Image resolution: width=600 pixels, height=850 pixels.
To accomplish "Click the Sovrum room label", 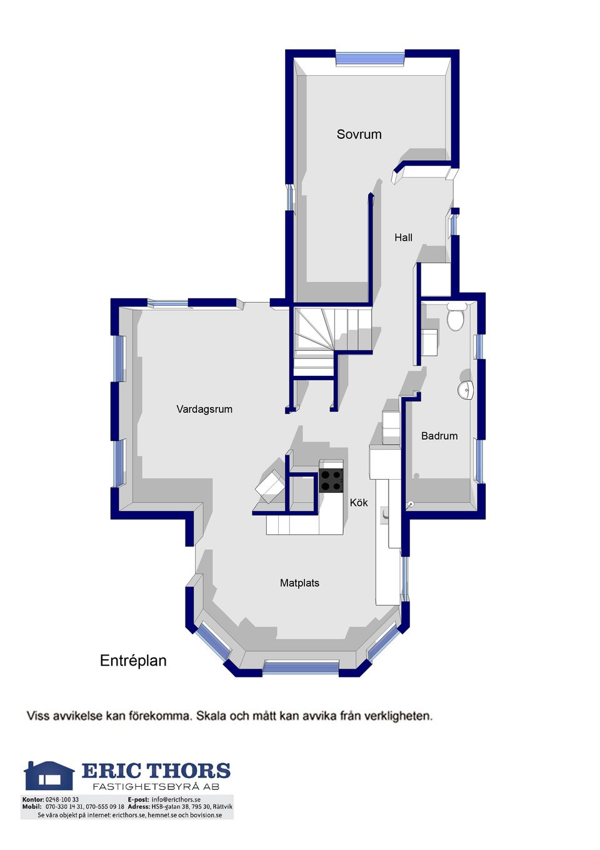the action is tap(359, 134).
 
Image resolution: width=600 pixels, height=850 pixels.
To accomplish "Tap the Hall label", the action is tap(403, 238).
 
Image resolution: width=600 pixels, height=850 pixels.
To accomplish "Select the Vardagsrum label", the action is tap(204, 410).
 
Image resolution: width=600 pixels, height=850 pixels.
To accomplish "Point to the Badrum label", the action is tap(439, 435).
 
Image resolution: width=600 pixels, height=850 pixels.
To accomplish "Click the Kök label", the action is tap(359, 502).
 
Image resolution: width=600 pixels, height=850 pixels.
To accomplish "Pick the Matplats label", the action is tap(299, 583).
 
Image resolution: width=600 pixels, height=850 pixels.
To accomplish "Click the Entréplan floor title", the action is tap(133, 660).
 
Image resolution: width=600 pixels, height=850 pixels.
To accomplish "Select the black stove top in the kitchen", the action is tap(331, 480).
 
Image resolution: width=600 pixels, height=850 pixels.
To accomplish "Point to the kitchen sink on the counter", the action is tap(384, 515).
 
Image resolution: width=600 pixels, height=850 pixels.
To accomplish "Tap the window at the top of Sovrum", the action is tap(371, 59).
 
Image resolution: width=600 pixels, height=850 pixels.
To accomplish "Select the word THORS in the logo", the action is tap(189, 771).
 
